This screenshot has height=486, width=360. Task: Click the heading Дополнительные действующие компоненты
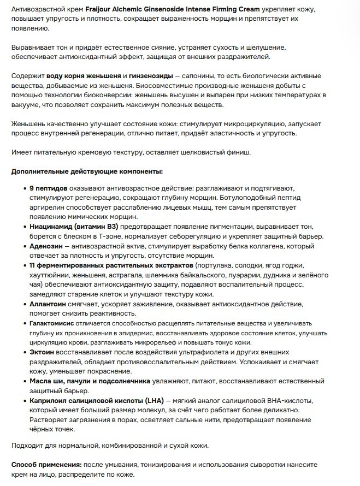[x=87, y=172]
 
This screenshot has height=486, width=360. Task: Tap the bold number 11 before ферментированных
[x=34, y=266]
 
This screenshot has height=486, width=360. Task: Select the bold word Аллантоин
[x=50, y=304]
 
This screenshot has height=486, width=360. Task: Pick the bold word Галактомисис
[x=55, y=324]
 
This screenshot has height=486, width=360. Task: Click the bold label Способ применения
[x=46, y=465]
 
